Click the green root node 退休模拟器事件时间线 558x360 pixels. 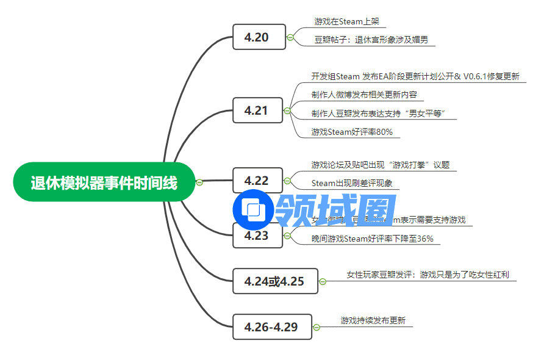pyautogui.click(x=104, y=182)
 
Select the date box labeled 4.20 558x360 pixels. pyautogui.click(x=259, y=37)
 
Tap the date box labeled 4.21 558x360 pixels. pyautogui.click(x=257, y=110)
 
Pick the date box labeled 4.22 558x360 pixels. pyautogui.click(x=257, y=181)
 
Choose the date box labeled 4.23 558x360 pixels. pyautogui.click(x=257, y=236)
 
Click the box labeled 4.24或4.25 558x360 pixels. pyautogui.click(x=275, y=281)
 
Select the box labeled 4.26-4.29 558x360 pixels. pyautogui.click(x=272, y=327)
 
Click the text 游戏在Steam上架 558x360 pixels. pyautogui.click(x=346, y=21)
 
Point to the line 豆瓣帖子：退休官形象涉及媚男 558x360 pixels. pyautogui.click(x=371, y=40)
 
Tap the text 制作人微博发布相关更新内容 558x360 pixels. pyautogui.click(x=364, y=95)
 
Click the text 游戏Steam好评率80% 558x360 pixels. pyautogui.click(x=352, y=131)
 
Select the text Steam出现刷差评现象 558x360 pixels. pyautogui.click(x=352, y=182)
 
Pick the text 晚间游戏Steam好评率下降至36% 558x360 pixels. pyautogui.click(x=372, y=239)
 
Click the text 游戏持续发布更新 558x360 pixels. pyautogui.click(x=373, y=320)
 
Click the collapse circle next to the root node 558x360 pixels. pyautogui.click(x=199, y=182)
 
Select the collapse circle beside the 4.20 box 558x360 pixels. pyautogui.click(x=290, y=37)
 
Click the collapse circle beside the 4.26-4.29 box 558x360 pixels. pyautogui.click(x=316, y=328)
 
